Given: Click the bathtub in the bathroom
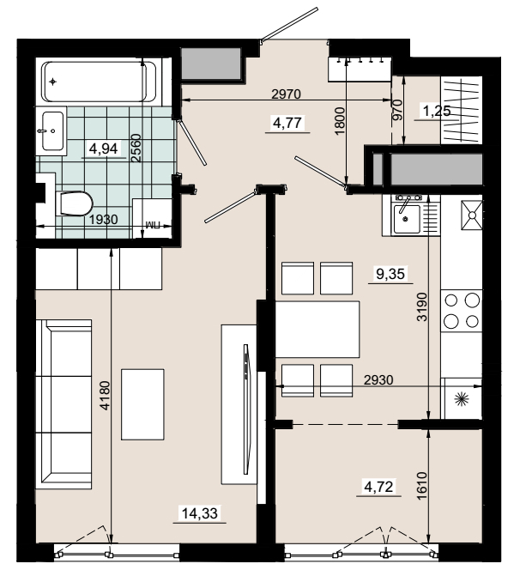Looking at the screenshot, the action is (99, 82).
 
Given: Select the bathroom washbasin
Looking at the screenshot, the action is (52, 131).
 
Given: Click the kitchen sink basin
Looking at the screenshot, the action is (407, 219).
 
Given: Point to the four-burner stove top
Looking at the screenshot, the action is (462, 311).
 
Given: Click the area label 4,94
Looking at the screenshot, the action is (104, 149).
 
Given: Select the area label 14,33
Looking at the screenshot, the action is (200, 512).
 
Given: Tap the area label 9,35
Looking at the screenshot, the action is (390, 274).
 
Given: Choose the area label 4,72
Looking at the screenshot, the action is (378, 487).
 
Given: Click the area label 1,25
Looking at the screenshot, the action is (437, 111).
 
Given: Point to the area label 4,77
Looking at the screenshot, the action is (287, 123).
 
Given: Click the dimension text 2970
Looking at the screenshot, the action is (286, 94).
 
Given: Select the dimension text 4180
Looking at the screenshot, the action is (105, 395).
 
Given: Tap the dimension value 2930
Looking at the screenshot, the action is (378, 379).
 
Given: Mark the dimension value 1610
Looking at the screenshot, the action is (422, 485).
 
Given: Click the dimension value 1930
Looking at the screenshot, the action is (104, 220).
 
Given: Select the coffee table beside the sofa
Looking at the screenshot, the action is (142, 404).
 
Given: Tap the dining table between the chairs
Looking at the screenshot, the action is (317, 329).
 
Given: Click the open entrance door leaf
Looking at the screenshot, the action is (289, 24).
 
